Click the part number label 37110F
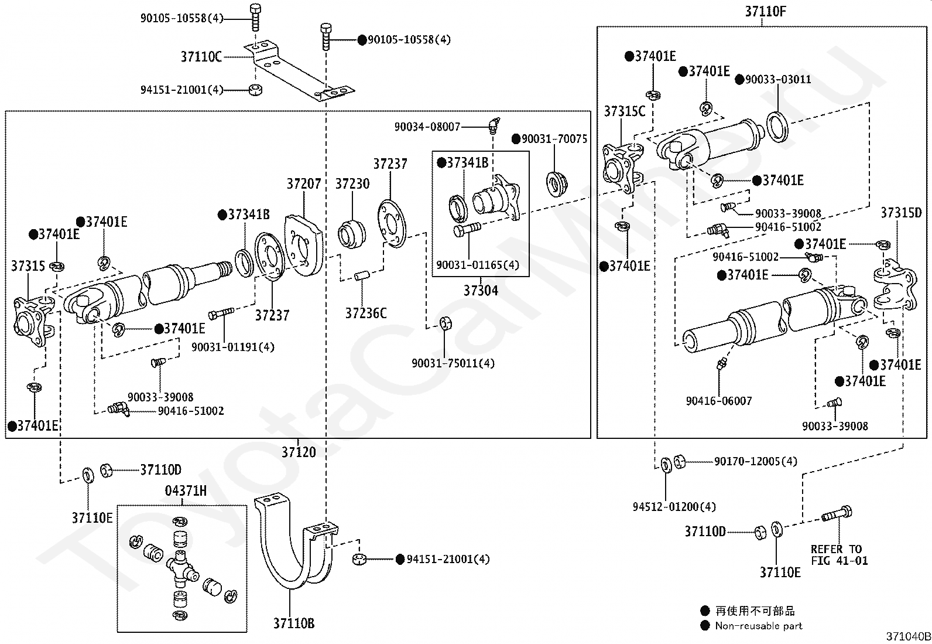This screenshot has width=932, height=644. (765, 12)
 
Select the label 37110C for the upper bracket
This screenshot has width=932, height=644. (201, 57)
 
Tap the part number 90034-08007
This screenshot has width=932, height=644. (427, 127)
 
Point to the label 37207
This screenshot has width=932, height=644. (304, 183)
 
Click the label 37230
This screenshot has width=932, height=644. (352, 183)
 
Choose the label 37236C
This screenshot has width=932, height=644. (366, 314)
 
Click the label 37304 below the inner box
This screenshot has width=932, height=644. (481, 290)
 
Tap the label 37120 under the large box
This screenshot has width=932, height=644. (299, 452)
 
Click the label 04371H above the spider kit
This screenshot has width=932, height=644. (186, 490)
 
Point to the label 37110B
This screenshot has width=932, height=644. (294, 623)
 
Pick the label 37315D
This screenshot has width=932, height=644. (901, 213)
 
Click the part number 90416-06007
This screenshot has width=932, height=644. (719, 401)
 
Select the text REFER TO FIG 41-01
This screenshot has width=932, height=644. (840, 555)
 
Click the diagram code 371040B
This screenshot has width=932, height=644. (908, 636)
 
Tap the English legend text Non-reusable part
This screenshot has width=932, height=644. (759, 626)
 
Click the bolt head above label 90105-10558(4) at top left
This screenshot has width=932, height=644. (255, 8)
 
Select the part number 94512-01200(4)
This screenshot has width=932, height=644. (674, 507)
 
